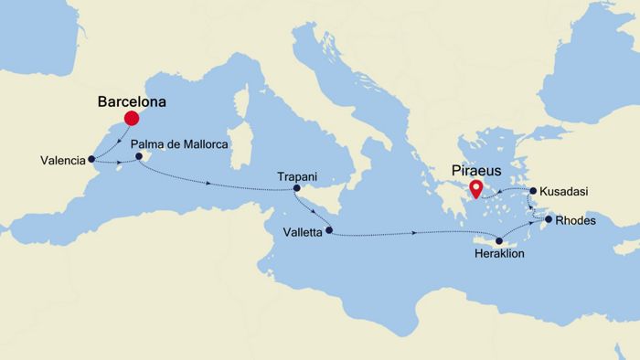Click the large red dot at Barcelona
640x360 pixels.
(x=131, y=118)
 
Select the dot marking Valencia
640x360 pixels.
(x=91, y=160)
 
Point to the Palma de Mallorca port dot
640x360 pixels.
(x=140, y=157)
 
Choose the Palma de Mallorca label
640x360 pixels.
(x=178, y=144)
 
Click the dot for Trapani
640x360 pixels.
(x=296, y=189)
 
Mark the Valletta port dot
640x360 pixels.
(x=329, y=230)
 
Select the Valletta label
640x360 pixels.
(x=303, y=233)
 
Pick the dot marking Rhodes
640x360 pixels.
(x=549, y=219)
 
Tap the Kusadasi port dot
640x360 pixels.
(x=530, y=192)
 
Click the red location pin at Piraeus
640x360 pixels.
(x=475, y=189)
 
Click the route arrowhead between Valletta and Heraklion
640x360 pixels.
(x=416, y=234)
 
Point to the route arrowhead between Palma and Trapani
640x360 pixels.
(x=208, y=184)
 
